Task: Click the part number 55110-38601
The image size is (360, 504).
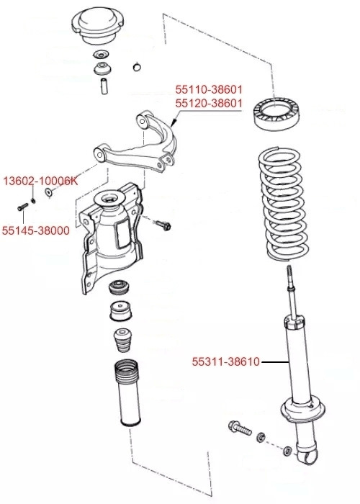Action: click(210, 90)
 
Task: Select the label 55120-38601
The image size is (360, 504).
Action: click(210, 104)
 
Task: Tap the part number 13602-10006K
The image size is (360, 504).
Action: click(39, 181)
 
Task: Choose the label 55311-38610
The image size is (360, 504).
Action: click(225, 361)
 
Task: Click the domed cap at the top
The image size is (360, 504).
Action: click(100, 26)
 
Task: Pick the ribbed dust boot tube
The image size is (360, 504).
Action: click(125, 396)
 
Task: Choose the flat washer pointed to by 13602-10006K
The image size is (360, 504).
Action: click(49, 192)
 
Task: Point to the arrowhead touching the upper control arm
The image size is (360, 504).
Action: click(174, 125)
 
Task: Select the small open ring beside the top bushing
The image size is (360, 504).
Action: click(135, 68)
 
